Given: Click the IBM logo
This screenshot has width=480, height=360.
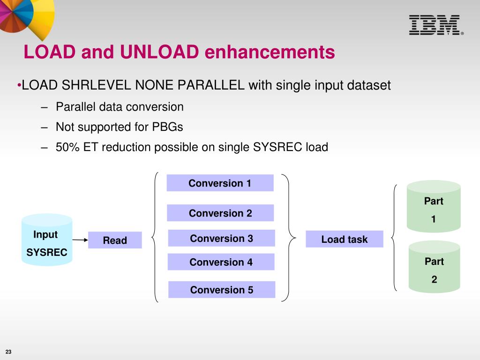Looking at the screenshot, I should point(434,25).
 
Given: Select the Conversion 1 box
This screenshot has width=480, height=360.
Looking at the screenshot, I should point(220,183).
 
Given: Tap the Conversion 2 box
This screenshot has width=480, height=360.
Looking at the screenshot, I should point(220,213).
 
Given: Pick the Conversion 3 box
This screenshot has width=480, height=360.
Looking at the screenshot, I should point(221,239).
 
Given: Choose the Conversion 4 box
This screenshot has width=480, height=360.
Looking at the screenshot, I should point(221,262).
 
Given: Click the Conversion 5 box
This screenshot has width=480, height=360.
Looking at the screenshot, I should point(221,290).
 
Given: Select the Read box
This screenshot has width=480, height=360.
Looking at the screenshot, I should point(115,240).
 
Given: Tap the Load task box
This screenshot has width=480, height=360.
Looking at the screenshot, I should point(344,239).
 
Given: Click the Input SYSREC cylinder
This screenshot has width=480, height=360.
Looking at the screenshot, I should point(46,240).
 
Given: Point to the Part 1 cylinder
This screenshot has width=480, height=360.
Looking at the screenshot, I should point(434,207).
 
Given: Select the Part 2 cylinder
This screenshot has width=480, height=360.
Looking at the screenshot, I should point(434,268).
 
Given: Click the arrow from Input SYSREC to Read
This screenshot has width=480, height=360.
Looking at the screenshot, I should point(81,240).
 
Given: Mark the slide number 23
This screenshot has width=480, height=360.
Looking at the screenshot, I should point(8,352).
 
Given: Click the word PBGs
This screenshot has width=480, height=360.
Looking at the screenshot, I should point(167,127).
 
